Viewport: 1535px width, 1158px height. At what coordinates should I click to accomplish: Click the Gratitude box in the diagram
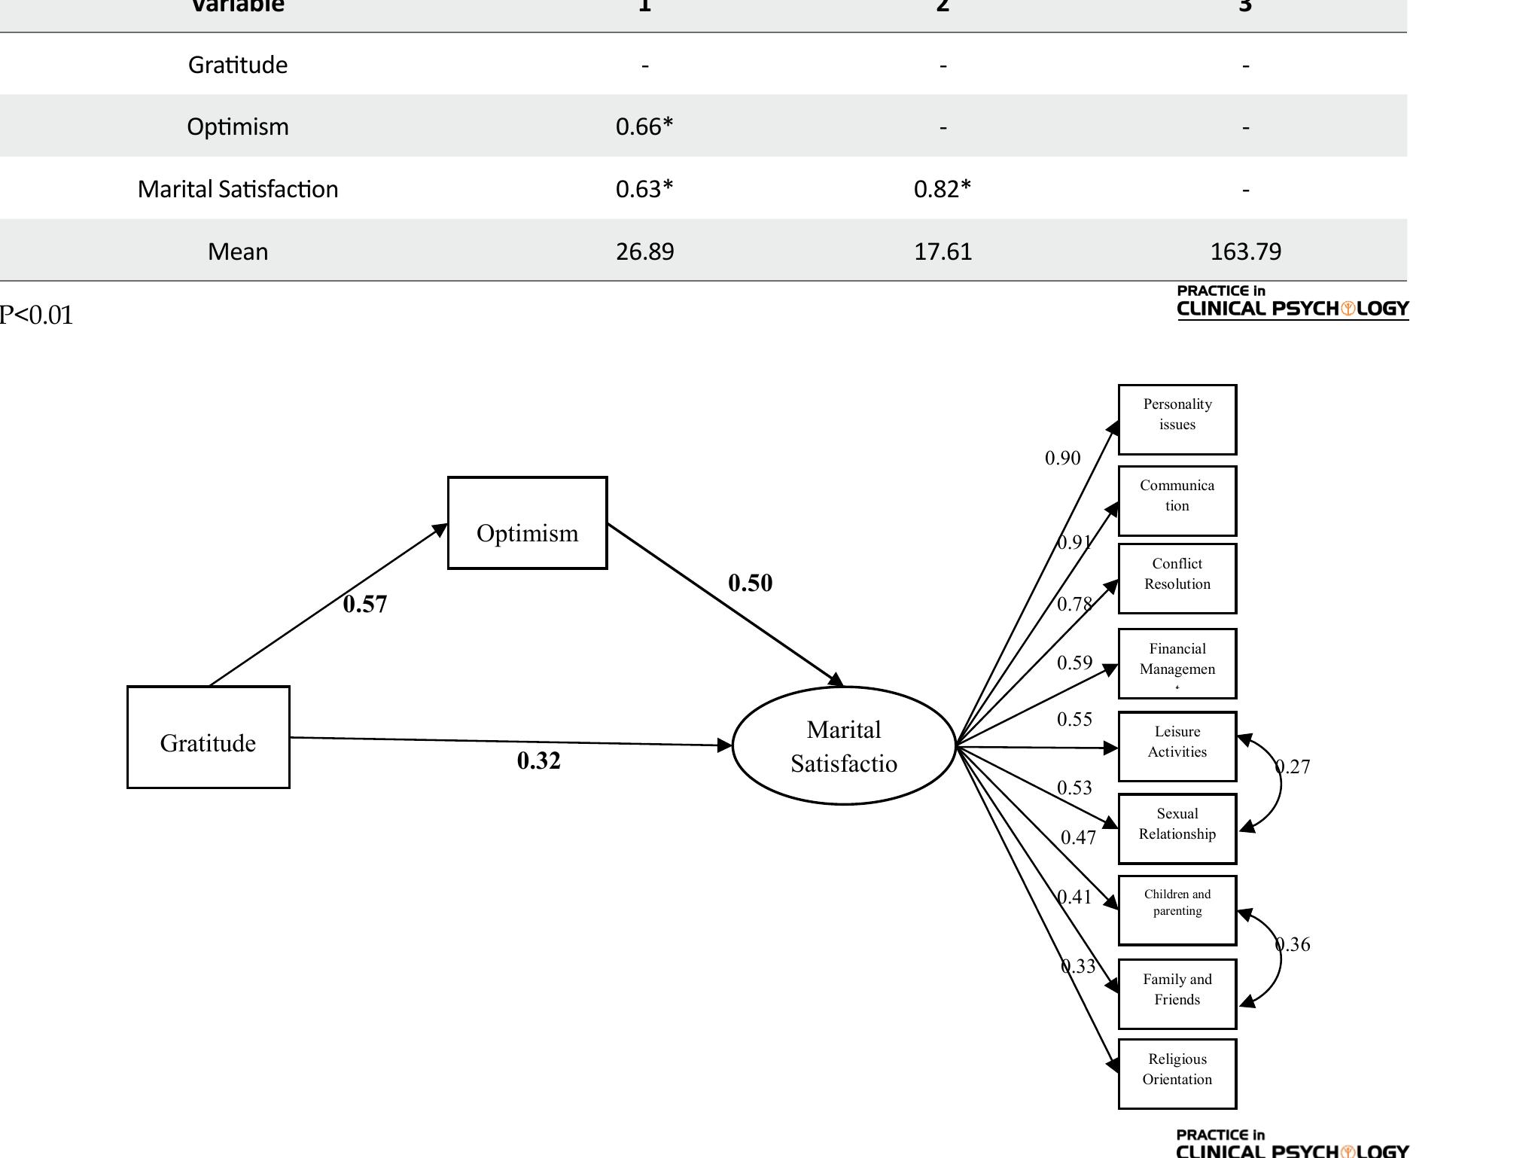[x=208, y=737]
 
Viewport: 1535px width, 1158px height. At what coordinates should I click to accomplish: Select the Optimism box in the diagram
[x=527, y=523]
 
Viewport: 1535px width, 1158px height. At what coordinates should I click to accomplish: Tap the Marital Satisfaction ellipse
[x=844, y=745]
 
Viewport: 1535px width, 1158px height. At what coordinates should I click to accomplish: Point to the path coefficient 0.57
[x=365, y=604]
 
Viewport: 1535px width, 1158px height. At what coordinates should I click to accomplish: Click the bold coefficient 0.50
[x=750, y=583]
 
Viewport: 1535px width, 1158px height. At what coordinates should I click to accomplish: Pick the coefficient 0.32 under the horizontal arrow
[x=538, y=760]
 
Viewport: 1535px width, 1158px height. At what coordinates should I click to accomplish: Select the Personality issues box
[x=1177, y=419]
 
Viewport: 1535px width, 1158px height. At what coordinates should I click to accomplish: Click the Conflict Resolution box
[x=1177, y=578]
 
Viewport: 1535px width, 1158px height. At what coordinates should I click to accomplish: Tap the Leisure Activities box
[x=1177, y=746]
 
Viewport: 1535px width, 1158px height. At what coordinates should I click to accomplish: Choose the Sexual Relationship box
[x=1177, y=828]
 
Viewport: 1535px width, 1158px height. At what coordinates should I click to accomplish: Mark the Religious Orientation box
[x=1177, y=1074]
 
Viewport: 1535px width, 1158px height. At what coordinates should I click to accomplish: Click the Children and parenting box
[x=1177, y=910]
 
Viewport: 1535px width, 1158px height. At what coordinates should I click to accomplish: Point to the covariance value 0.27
[x=1293, y=766]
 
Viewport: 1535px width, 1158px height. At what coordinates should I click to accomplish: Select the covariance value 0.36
[x=1293, y=944]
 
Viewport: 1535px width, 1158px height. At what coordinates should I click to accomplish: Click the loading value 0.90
[x=1062, y=458]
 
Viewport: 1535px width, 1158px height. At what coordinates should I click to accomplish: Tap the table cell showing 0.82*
[x=943, y=189]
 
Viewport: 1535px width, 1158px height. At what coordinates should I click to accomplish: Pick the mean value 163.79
[x=1245, y=251]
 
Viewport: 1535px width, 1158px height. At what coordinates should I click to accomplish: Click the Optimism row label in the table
[x=238, y=126]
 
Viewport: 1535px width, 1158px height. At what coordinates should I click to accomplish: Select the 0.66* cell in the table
[x=644, y=126]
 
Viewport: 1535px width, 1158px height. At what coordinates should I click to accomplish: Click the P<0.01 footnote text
[x=36, y=315]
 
